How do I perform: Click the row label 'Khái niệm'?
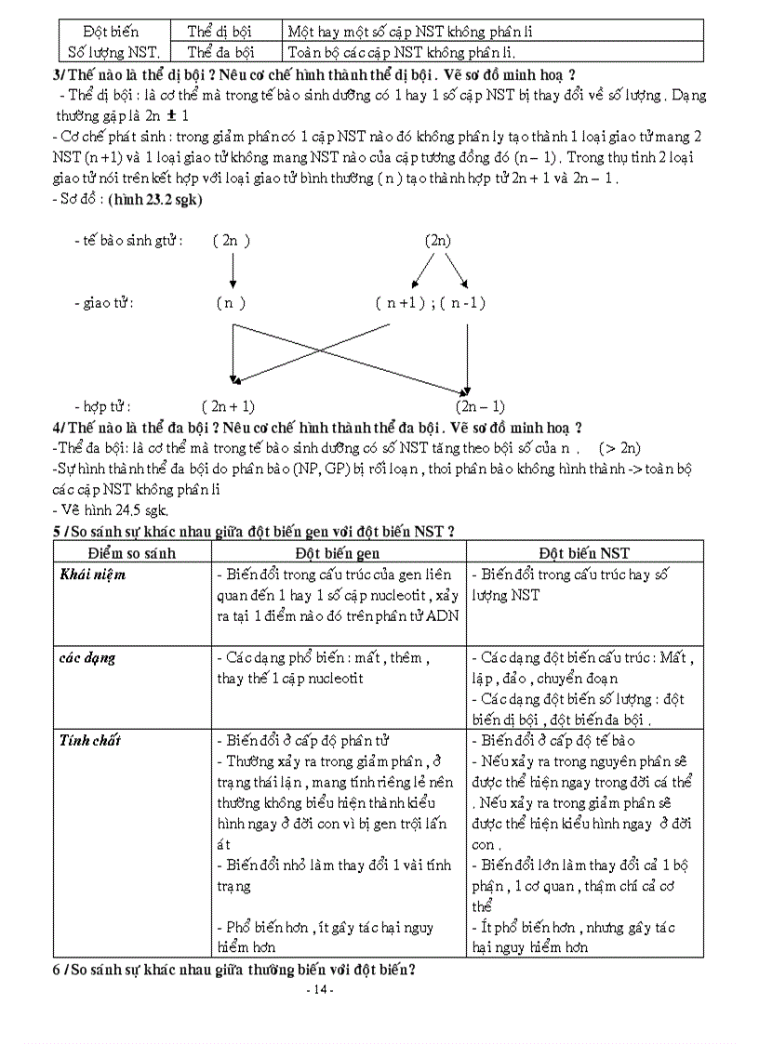pos(93,575)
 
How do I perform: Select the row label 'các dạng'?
pos(87,658)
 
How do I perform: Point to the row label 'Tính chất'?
pos(90,741)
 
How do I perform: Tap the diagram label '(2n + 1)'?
pos(227,406)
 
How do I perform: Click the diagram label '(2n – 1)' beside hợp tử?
pos(480,406)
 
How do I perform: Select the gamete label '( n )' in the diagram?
pos(231,303)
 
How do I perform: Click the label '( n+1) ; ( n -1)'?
pos(431,303)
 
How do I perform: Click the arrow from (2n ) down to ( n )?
pos(232,271)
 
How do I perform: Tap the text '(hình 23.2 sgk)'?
pos(155,199)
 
